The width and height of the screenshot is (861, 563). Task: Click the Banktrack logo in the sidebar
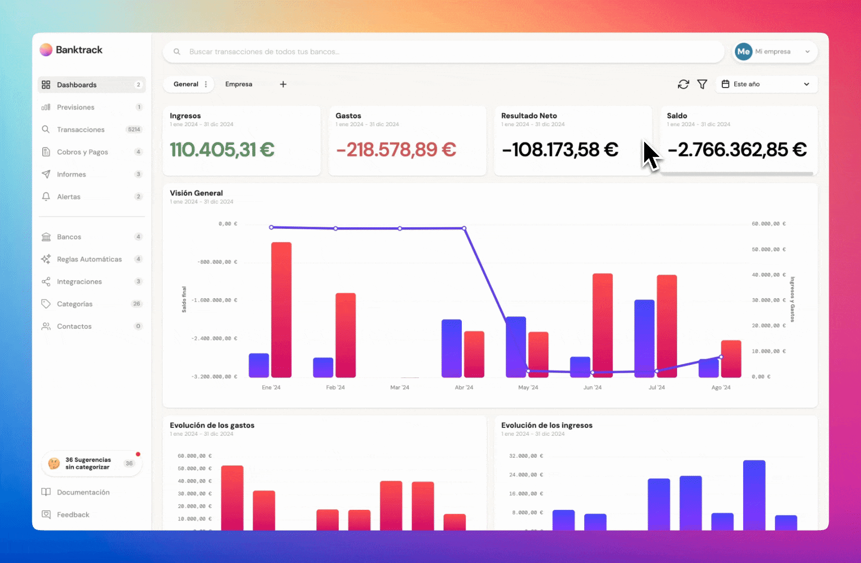point(71,50)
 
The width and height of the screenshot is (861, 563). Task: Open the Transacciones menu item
point(81,130)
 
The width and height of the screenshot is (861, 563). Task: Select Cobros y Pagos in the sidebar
point(82,152)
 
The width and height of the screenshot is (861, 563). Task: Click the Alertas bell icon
point(46,197)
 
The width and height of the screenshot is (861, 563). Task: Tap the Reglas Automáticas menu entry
point(89,259)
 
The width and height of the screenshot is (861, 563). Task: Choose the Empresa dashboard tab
point(239,84)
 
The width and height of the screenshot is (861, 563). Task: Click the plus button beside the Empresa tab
point(283,84)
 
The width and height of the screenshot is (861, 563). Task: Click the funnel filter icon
point(702,84)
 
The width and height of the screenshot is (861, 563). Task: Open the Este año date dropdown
point(766,84)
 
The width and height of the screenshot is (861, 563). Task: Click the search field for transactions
point(443,52)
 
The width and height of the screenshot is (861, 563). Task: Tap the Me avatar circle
point(743,52)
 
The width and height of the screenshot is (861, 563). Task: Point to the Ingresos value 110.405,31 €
point(222,150)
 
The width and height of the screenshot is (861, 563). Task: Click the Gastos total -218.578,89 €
point(396,150)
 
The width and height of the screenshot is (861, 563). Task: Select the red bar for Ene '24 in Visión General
point(281,310)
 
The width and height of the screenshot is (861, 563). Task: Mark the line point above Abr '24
point(464,228)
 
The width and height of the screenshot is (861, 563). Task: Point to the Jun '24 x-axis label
point(592,388)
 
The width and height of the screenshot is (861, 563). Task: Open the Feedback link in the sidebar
point(73,515)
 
